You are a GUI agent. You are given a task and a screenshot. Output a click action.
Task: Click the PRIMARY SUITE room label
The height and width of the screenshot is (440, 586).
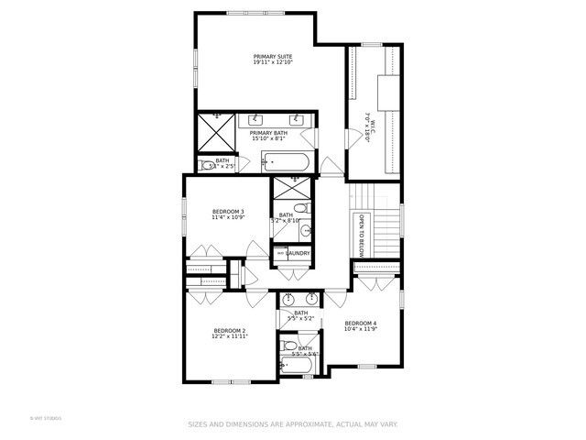[273, 56]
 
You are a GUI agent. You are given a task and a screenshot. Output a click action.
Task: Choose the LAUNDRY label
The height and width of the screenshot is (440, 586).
[298, 253]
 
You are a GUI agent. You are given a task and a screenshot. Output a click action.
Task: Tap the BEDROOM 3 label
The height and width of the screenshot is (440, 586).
[228, 212]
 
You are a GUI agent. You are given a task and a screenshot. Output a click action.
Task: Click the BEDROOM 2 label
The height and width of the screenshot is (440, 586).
[229, 330]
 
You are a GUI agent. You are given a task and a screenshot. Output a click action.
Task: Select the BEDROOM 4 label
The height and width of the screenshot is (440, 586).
[361, 323]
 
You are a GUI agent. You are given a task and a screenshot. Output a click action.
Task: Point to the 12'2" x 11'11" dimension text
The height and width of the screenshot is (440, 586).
[229, 336]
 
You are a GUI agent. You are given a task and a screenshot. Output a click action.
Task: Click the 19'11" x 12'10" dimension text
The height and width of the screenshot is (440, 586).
[273, 62]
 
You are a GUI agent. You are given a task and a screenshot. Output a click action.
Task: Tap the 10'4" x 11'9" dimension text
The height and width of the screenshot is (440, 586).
[361, 328]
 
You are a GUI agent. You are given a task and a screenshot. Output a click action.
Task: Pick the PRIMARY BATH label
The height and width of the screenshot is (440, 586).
[268, 134]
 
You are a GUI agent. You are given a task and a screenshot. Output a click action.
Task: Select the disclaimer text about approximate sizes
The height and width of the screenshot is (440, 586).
[293, 423]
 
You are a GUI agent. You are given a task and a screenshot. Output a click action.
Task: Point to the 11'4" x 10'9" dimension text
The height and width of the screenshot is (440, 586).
[228, 218]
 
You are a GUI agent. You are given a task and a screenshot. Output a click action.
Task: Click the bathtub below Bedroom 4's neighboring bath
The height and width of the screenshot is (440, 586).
[297, 367]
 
